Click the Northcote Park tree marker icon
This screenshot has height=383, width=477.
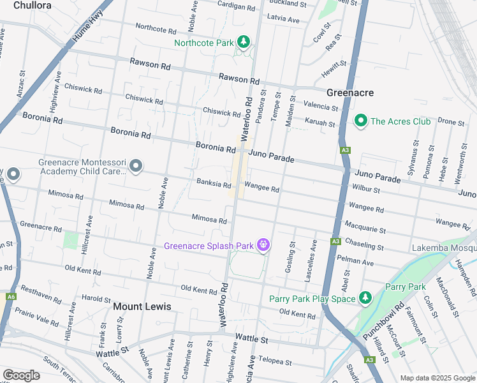[243, 43]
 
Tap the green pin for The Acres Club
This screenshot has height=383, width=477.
[360, 121]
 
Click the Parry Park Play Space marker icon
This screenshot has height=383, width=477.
[365, 298]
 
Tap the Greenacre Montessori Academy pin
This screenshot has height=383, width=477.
[135, 167]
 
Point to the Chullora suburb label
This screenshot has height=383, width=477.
[28, 5]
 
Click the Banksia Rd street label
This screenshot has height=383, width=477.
[214, 184]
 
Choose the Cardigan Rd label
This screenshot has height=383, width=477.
[236, 6]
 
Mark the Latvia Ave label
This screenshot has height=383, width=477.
[283, 20]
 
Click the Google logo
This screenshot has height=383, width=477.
[21, 375]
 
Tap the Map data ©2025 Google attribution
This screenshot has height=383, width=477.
[437, 377]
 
